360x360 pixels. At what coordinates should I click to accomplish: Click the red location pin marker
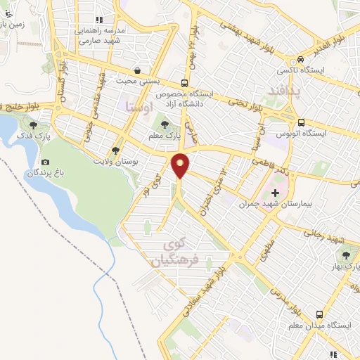pyautogui.click(x=181, y=167)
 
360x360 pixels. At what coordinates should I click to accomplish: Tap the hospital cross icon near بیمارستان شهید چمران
pyautogui.click(x=275, y=192)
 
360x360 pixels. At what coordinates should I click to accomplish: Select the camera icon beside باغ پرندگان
pyautogui.click(x=45, y=161)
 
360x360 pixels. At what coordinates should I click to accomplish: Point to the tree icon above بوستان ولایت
pyautogui.click(x=115, y=150)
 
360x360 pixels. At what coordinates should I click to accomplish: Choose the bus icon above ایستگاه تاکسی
pyautogui.click(x=301, y=59)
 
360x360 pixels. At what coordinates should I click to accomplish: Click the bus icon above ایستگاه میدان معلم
pyautogui.click(x=320, y=315)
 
